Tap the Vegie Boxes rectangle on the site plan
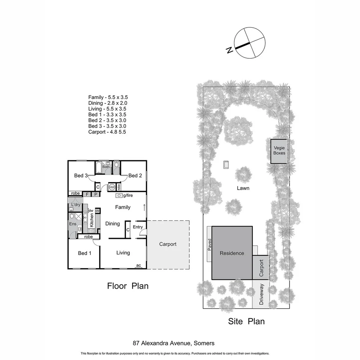tap(279, 151)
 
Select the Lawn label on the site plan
tap(243, 188)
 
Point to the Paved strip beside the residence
tap(209, 244)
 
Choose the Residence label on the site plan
tap(232, 253)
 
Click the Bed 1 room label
tap(85, 253)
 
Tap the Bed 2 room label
tap(135, 176)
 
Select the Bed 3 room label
tap(81, 176)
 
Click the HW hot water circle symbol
tap(112, 187)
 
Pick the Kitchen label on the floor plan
tap(92, 220)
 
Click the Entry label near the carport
tap(138, 227)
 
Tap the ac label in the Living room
tap(138, 266)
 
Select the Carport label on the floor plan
tap(167, 244)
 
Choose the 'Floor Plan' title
tap(128, 286)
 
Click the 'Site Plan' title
tap(246, 321)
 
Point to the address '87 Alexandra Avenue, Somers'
tap(173, 343)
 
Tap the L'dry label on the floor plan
tap(76, 205)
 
